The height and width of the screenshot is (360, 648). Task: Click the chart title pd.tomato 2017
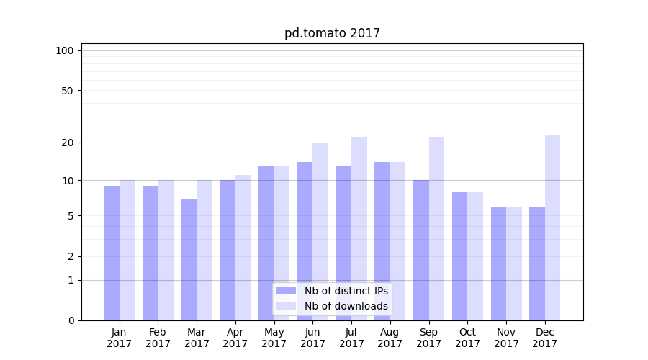point(332,33)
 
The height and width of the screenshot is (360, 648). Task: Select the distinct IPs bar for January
point(112,253)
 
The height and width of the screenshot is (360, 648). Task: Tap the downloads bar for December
point(553,228)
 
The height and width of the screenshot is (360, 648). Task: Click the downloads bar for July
point(359,228)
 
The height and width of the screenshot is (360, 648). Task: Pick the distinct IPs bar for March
point(189,259)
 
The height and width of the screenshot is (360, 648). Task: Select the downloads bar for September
point(436,228)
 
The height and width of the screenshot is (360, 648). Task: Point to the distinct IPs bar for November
point(498,264)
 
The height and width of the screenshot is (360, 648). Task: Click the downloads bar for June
point(320,231)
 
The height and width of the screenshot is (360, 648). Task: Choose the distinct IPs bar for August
point(382,241)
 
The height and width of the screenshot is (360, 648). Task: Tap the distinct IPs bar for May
point(266,243)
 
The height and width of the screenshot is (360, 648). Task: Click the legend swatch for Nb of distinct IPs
point(287,291)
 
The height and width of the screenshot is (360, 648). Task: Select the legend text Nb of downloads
point(346,306)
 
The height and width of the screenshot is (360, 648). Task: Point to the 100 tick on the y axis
point(65,50)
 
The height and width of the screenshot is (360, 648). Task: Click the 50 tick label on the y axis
point(68,91)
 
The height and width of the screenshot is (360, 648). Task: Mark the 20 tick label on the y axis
point(68,143)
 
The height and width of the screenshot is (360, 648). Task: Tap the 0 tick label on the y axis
point(71,320)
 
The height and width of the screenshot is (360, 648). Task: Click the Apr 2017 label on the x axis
point(235,338)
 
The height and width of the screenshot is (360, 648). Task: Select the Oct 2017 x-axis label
point(467,338)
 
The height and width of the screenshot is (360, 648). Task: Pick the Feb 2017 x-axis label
point(158,338)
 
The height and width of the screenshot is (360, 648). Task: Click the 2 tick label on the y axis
point(71,256)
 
